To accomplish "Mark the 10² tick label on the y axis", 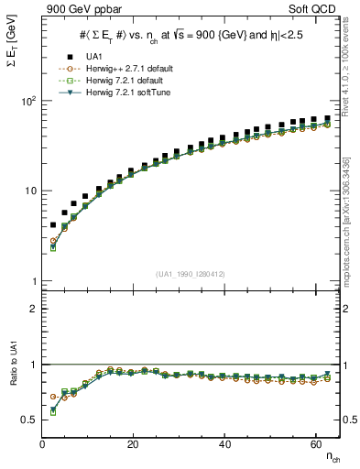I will pos(28,101).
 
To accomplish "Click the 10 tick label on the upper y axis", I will pos(30,191).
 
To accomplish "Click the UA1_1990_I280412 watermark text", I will pos(191,274).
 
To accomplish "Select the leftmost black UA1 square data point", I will pos(53,224).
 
